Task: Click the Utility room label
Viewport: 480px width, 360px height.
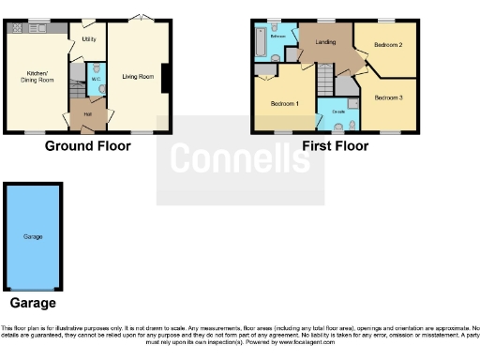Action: pyautogui.click(x=89, y=40)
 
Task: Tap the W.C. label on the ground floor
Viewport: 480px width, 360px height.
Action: pyautogui.click(x=96, y=79)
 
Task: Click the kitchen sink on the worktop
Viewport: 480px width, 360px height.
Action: pyautogui.click(x=39, y=29)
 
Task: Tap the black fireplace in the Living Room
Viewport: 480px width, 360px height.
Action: pyautogui.click(x=166, y=78)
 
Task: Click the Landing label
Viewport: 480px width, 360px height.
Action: pyautogui.click(x=325, y=41)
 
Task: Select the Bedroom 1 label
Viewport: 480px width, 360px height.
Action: pyautogui.click(x=284, y=103)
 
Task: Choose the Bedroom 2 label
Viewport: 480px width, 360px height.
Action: pyautogui.click(x=388, y=44)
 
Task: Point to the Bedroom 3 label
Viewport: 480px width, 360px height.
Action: pyautogui.click(x=388, y=97)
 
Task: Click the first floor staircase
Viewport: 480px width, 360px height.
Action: pyautogui.click(x=322, y=80)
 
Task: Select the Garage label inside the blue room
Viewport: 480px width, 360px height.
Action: pyautogui.click(x=34, y=236)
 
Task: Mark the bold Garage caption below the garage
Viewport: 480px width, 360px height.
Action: pyautogui.click(x=33, y=303)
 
